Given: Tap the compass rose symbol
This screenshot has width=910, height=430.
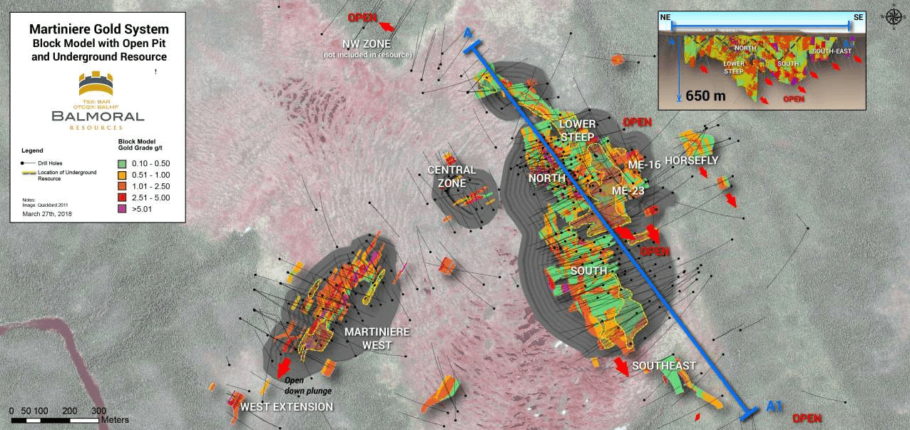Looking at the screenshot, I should coord(895,15).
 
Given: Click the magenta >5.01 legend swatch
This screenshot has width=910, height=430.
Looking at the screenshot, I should coord(121,209).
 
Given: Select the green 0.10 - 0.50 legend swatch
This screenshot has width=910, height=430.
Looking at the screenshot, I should coord(121,163).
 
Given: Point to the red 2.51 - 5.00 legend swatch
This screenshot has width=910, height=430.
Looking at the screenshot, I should coord(121,198).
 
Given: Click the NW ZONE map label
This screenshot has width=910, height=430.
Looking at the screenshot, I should coord(367,44).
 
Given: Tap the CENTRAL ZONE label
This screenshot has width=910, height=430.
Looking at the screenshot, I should coord(451,176).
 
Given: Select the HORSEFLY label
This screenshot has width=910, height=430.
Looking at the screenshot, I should coord(691,160).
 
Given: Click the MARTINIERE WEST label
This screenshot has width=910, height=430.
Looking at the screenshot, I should coord(368,339).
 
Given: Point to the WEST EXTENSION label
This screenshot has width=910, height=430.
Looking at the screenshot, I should coord(287,406).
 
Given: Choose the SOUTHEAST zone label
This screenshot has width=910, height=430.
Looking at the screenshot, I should coord(663,365).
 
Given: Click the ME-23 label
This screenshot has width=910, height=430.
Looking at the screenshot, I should coord(628,190).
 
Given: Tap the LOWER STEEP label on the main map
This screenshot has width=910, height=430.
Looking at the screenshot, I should coord(577,130).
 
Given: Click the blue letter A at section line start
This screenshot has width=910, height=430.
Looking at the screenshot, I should coord(468,34).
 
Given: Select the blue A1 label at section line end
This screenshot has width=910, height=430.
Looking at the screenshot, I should coord(774,406).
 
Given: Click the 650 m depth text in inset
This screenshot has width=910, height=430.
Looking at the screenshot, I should coord(705,95).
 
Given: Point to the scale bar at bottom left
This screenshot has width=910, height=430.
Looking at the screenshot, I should coord(55,420).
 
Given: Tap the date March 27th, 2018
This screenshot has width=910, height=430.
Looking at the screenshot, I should coord(47,213).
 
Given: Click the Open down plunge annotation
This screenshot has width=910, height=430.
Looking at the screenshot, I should coord(308,385).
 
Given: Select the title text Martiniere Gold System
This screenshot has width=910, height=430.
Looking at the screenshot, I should coord(99,29).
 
